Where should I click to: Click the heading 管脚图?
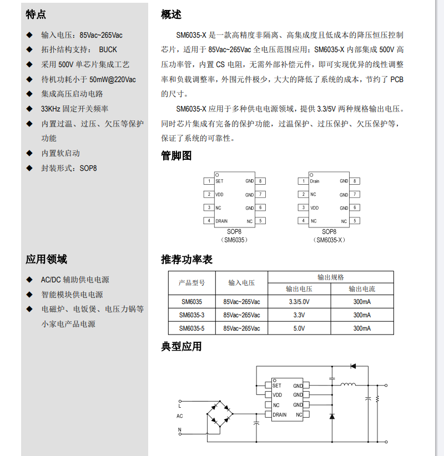(x=176, y=156)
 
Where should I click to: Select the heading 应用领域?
(x=46, y=259)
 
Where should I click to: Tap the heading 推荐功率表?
(x=186, y=259)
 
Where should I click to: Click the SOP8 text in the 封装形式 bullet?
(x=88, y=168)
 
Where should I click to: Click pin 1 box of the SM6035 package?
(x=208, y=181)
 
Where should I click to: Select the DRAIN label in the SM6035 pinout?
(x=221, y=221)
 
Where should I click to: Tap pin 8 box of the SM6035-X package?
(x=355, y=181)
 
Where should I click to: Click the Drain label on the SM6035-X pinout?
(x=315, y=181)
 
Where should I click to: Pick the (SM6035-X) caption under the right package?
(x=329, y=240)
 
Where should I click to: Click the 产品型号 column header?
(x=191, y=283)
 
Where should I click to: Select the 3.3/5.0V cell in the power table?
(x=299, y=302)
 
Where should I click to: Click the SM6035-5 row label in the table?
(x=191, y=328)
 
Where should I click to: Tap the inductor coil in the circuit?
(x=348, y=385)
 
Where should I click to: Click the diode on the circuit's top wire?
(x=353, y=366)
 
